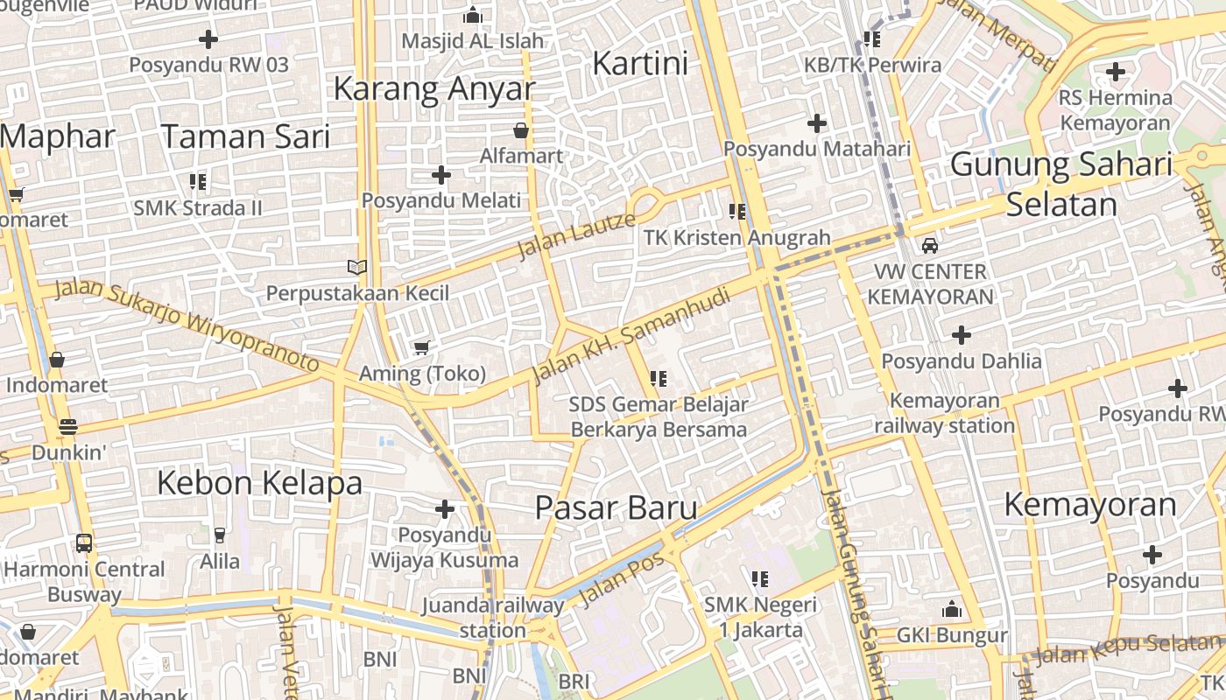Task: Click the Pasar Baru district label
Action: click(616, 507)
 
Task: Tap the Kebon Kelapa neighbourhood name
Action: click(259, 482)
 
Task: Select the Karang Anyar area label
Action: click(433, 88)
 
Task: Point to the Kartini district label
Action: click(640, 63)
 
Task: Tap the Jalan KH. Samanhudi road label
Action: click(631, 336)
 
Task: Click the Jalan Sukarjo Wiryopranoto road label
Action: click(187, 325)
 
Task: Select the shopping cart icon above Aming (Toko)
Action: click(421, 348)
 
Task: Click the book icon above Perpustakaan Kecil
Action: click(356, 267)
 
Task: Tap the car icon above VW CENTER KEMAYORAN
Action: click(930, 246)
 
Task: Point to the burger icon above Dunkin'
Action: click(68, 427)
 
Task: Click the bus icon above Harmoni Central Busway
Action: click(84, 543)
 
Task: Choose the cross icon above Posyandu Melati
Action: click(441, 175)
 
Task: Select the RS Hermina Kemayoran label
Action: click(1115, 110)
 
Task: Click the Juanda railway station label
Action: click(493, 617)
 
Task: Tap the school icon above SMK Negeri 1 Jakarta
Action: click(759, 578)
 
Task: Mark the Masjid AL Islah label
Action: click(472, 40)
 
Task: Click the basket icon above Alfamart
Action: click(521, 131)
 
